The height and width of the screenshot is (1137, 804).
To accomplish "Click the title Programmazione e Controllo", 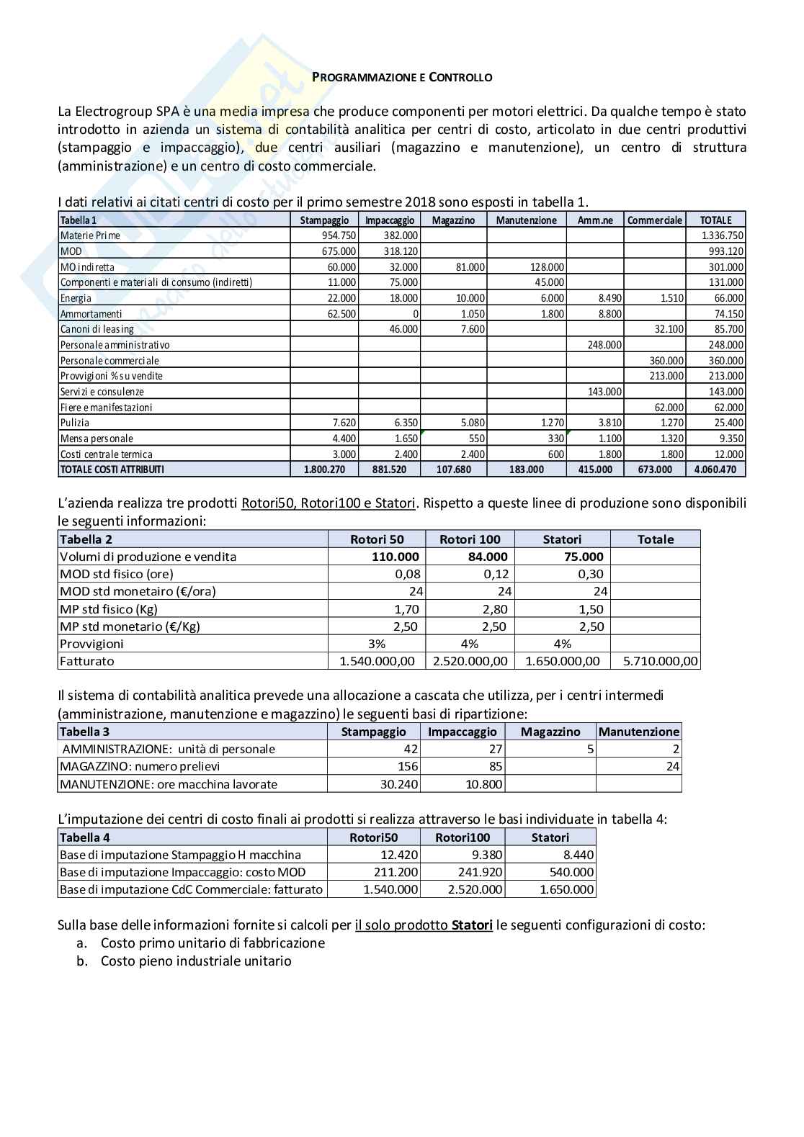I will point(402,77).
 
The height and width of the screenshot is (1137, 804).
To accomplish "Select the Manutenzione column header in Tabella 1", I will point(526,220).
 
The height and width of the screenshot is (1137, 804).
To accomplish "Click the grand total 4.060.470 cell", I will point(715,469).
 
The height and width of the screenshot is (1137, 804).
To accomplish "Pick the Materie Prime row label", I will point(90,235).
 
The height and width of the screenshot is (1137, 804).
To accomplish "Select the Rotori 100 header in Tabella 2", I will point(470,539).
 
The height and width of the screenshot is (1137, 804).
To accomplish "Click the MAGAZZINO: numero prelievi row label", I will point(140,767).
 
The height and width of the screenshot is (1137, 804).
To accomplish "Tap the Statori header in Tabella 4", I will point(550,837).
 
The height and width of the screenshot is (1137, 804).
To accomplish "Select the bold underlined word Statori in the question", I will point(472,925).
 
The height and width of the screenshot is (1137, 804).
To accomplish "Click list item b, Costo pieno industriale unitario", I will point(196,961).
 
